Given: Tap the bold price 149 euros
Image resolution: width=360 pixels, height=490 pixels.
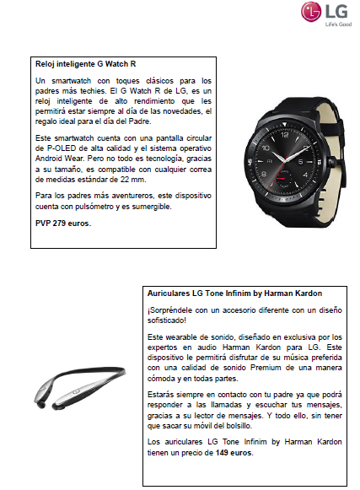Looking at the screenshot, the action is pos(234,453).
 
